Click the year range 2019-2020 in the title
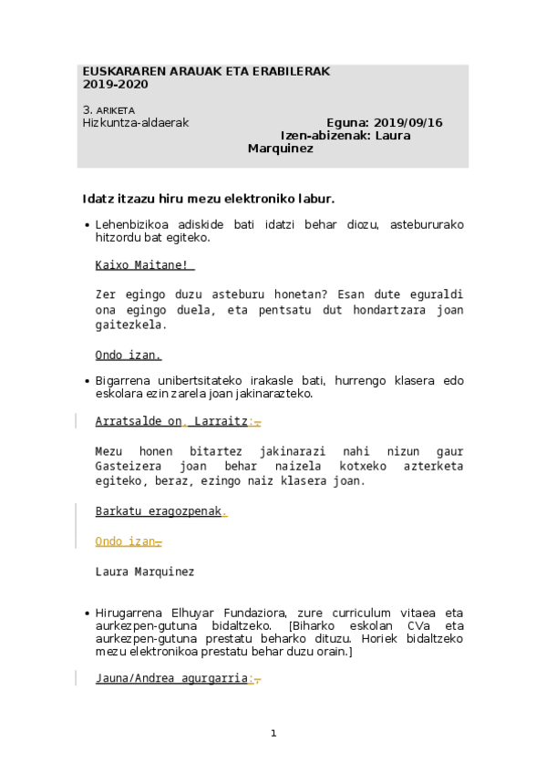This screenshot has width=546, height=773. pyautogui.click(x=115, y=84)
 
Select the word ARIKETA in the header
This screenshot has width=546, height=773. pyautogui.click(x=115, y=110)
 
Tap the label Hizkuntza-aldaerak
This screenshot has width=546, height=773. pyautogui.click(x=136, y=123)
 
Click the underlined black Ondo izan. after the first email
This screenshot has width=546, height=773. pyautogui.click(x=129, y=355)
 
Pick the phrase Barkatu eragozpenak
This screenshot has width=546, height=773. pyautogui.click(x=159, y=511)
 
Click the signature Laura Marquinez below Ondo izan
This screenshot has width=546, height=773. pyautogui.click(x=145, y=572)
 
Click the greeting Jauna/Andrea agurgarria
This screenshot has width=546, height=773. pyautogui.click(x=171, y=678)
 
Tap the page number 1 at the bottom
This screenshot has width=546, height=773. pyautogui.click(x=273, y=733)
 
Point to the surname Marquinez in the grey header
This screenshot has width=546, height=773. pyautogui.click(x=281, y=149)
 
